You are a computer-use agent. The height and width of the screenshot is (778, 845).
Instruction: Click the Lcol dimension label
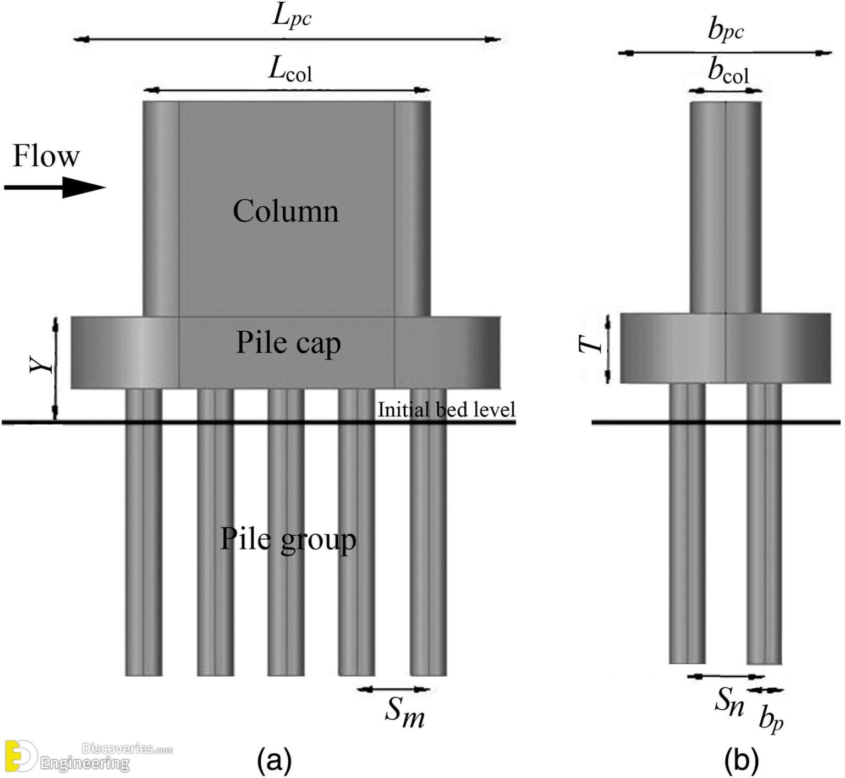pyautogui.click(x=290, y=70)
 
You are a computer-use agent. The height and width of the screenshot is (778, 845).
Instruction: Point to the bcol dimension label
pyautogui.click(x=728, y=72)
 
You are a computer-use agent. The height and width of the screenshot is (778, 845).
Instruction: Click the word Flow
pyautogui.click(x=46, y=156)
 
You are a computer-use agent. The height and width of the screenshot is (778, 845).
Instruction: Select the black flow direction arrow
pyautogui.click(x=54, y=188)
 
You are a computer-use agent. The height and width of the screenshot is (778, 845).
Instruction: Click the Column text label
pyautogui.click(x=286, y=211)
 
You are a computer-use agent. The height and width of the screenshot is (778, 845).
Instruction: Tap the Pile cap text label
pyautogui.click(x=288, y=343)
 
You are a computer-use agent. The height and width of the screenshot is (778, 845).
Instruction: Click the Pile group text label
pyautogui.click(x=288, y=539)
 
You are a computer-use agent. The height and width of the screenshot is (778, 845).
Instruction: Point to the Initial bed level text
pyautogui.click(x=446, y=410)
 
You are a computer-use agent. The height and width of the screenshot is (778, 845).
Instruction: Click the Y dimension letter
pyautogui.click(x=42, y=364)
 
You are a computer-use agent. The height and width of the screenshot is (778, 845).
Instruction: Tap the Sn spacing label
pyautogui.click(x=729, y=702)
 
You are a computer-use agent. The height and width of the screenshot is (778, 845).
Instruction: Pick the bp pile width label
pyautogui.click(x=771, y=718)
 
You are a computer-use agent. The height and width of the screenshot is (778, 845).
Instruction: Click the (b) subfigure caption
pyautogui.click(x=741, y=761)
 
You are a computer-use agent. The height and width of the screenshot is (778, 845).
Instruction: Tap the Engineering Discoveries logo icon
pyautogui.click(x=20, y=756)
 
